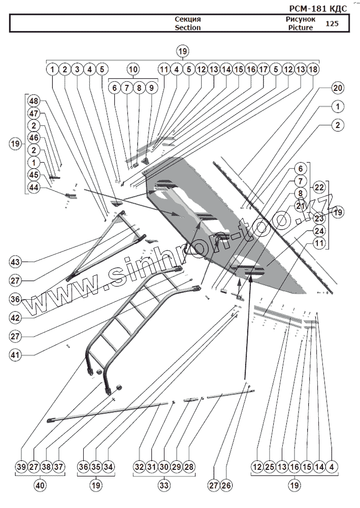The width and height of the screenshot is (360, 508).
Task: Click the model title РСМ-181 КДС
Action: click(x=324, y=8)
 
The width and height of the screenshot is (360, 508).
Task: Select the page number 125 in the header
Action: click(x=332, y=24)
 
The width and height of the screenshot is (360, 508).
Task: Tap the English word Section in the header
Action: click(x=188, y=28)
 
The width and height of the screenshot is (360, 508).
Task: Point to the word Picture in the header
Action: click(x=300, y=28)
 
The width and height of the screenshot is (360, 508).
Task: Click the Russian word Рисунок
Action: click(x=301, y=19)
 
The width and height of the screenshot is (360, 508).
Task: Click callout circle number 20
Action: click(x=338, y=87)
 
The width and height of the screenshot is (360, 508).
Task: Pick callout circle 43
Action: click(x=15, y=262)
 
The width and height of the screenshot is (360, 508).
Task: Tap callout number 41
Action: click(x=15, y=355)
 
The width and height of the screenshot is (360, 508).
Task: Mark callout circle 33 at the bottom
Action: click(x=164, y=486)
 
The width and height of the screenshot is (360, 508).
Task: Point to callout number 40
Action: click(x=40, y=486)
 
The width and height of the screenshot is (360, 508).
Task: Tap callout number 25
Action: click(x=270, y=467)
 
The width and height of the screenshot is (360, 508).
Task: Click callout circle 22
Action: click(x=319, y=187)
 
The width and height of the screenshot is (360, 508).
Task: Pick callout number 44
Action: click(x=34, y=188)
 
